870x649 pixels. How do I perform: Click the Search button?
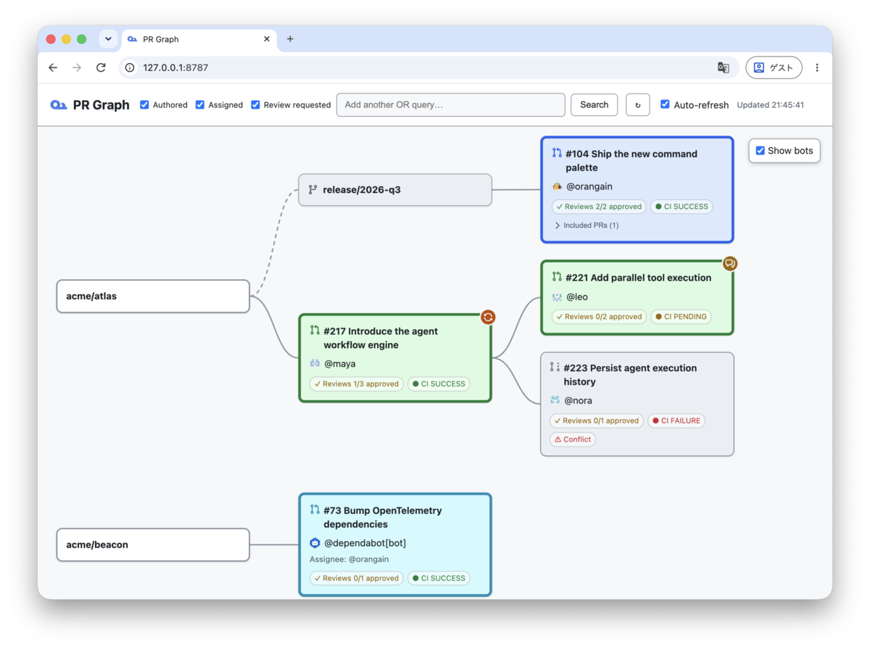tap(594, 104)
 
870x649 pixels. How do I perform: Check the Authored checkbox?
tap(144, 104)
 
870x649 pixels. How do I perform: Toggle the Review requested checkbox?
tap(255, 104)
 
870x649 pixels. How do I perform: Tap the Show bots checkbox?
tap(760, 151)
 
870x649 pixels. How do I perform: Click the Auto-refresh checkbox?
tap(665, 104)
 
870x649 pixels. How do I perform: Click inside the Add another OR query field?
tap(451, 104)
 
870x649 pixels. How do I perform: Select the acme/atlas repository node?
tap(153, 296)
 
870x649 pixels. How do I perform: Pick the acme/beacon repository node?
tap(153, 545)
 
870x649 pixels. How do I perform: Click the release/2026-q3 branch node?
tap(395, 190)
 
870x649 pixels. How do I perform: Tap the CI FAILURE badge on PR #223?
tap(676, 421)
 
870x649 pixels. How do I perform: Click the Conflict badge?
tap(572, 439)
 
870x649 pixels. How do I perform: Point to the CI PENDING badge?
tap(681, 317)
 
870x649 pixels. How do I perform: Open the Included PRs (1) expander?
tap(586, 226)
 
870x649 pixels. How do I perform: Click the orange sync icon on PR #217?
tap(488, 317)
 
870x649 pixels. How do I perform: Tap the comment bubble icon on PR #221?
tap(729, 264)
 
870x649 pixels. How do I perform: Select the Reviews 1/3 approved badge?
tap(356, 384)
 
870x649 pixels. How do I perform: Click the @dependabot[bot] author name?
tap(365, 543)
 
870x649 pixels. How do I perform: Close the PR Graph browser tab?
tap(267, 39)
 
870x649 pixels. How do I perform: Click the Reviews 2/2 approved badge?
tap(599, 207)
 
